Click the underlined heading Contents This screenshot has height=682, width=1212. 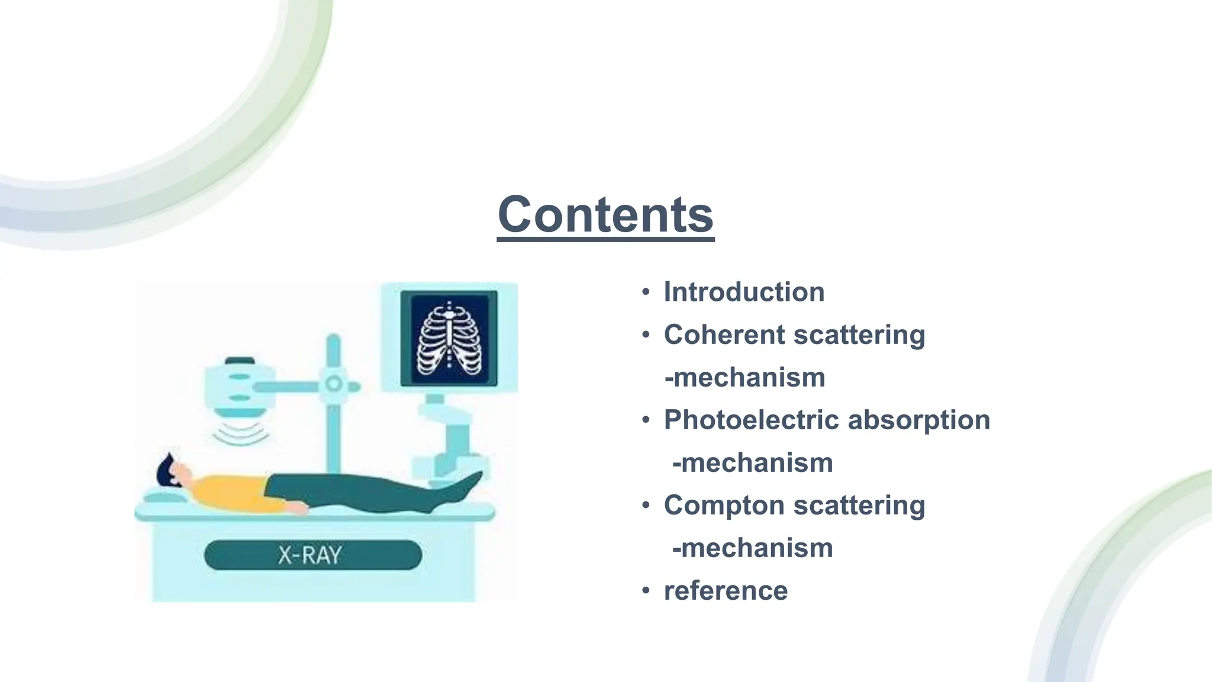coord(605,215)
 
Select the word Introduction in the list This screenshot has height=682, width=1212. coord(744,292)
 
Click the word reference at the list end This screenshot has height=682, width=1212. coord(726,591)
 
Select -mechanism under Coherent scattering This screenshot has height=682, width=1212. coord(745,378)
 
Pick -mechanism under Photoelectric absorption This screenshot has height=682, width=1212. coord(752,463)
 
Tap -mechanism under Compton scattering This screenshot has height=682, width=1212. coord(752,548)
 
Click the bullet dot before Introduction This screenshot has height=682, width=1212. coord(646,292)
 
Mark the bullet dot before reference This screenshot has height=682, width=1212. coord(646,591)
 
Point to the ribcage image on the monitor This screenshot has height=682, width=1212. coord(449,339)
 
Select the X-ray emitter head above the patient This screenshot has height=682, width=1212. coord(239,388)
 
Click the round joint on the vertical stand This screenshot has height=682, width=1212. coord(334,384)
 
